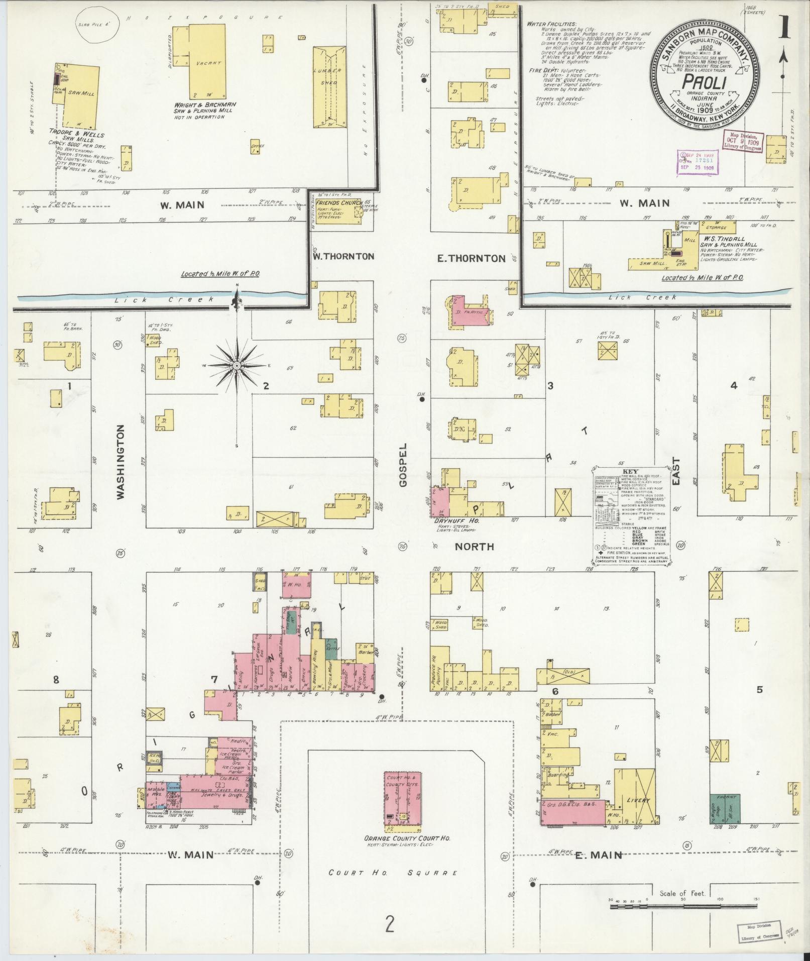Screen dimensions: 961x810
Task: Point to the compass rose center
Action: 236,365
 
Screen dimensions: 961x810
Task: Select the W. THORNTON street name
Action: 343,256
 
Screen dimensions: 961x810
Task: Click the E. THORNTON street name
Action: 471,258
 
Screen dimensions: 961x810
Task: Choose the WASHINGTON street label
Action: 121,462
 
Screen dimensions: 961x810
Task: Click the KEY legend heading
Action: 630,472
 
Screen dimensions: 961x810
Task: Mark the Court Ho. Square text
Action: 393,873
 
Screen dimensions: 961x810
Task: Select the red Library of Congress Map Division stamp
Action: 743,142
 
